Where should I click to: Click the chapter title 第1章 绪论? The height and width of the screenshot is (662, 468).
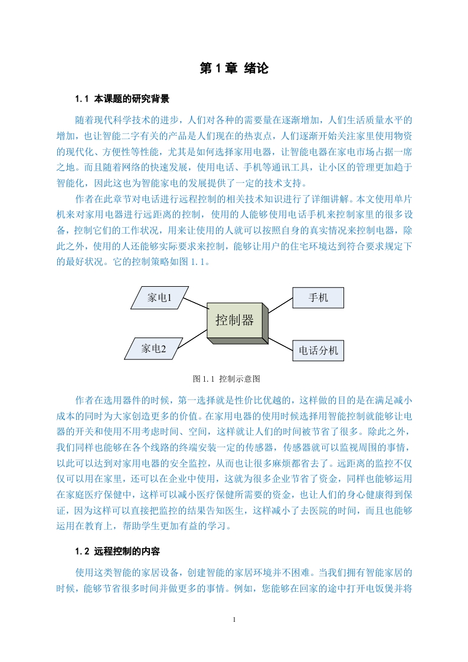234,68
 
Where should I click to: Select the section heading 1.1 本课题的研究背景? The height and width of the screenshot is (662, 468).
122,99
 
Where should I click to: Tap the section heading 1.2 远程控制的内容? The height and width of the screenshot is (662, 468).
117,551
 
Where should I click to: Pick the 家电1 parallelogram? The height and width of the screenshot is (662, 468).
160,297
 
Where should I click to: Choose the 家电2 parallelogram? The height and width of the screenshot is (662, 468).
153,348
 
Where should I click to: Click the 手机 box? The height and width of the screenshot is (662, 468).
318,297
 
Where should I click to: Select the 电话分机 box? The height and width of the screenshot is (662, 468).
318,350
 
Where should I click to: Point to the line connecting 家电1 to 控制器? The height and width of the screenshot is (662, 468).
196,303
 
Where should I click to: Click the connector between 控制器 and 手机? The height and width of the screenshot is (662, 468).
280,305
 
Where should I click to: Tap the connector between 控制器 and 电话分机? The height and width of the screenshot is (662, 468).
280,343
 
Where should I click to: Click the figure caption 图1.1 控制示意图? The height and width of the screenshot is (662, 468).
227,379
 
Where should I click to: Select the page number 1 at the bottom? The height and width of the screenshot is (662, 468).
234,620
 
